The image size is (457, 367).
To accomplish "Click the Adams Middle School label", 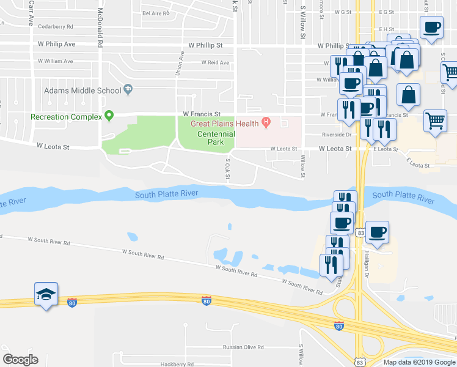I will (82, 91).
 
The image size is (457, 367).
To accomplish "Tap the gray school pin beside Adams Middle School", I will (128, 90).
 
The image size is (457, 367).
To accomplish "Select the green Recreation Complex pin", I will (109, 114).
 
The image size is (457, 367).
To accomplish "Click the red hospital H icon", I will (266, 122).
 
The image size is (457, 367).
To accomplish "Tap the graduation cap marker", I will (46, 295).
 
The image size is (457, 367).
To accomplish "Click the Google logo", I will (20, 360).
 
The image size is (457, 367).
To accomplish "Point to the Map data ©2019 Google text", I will (419, 362).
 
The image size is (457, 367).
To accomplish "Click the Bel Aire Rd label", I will (155, 13).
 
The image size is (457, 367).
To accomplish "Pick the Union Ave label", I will (181, 64).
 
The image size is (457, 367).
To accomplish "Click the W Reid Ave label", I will (215, 62).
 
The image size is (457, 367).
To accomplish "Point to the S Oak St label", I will (227, 170).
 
